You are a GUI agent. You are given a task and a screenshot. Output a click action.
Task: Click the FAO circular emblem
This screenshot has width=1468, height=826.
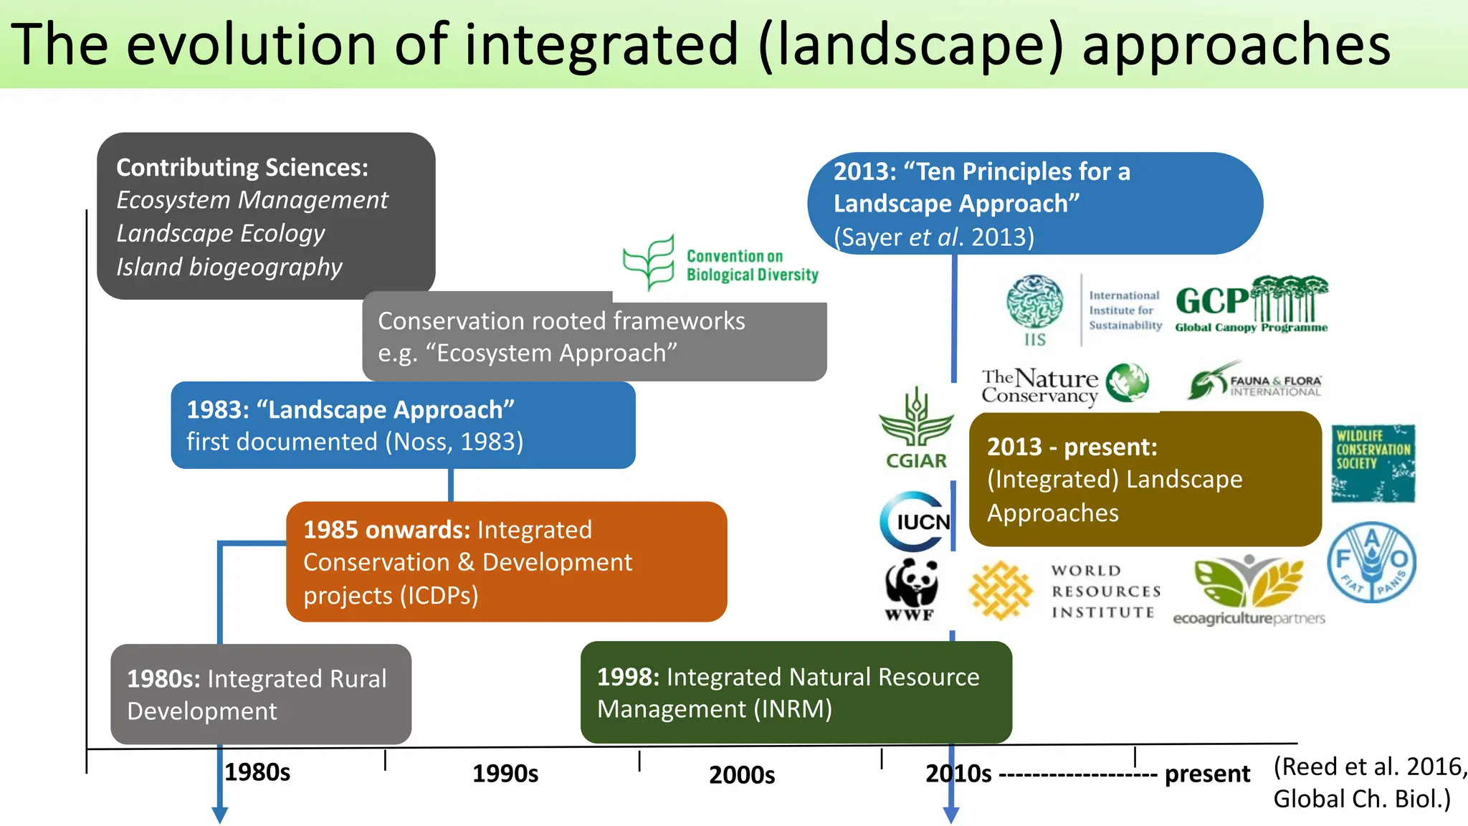(1371, 561)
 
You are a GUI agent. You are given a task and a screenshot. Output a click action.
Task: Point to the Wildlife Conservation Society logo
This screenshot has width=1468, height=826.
(1373, 463)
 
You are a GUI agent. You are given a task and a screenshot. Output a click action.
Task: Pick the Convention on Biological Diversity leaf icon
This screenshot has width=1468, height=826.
(649, 262)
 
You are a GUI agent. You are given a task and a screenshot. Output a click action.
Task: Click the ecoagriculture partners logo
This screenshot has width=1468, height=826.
(1249, 592)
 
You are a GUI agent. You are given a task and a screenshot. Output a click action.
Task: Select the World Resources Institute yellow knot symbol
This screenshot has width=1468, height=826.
(1000, 591)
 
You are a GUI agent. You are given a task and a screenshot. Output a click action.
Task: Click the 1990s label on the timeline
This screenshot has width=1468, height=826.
(505, 774)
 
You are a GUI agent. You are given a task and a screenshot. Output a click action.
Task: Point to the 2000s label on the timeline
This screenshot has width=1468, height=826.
(742, 775)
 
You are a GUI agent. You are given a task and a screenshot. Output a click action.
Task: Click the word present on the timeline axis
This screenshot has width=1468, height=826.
(1207, 774)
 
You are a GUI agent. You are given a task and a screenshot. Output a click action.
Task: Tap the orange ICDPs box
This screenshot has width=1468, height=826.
(506, 562)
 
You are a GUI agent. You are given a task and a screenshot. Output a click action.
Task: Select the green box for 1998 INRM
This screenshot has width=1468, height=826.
(796, 693)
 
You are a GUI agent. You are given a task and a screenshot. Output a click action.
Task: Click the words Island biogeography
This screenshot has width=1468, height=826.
(229, 267)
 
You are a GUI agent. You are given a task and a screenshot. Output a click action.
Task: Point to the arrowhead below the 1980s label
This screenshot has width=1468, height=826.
(220, 815)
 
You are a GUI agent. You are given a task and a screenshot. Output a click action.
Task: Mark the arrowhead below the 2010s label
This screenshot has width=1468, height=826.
(951, 815)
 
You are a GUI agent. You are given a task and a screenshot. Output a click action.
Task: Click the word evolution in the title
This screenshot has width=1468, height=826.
(252, 44)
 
